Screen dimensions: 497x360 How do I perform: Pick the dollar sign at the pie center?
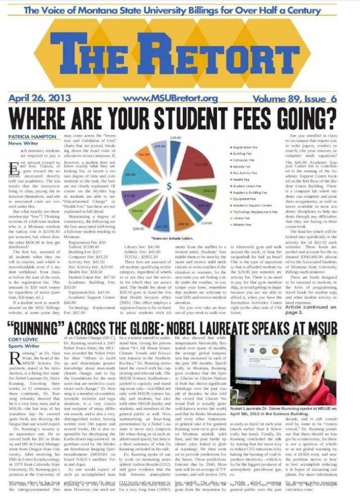click(x=169, y=186)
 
